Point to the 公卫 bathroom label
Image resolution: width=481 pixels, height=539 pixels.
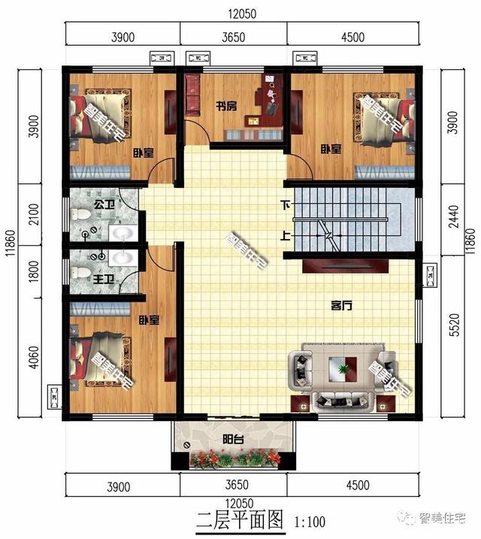103,203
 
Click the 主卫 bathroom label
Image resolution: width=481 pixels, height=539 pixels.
103,279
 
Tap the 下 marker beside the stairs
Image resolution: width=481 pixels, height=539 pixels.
286,204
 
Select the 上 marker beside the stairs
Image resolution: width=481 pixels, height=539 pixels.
286,235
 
